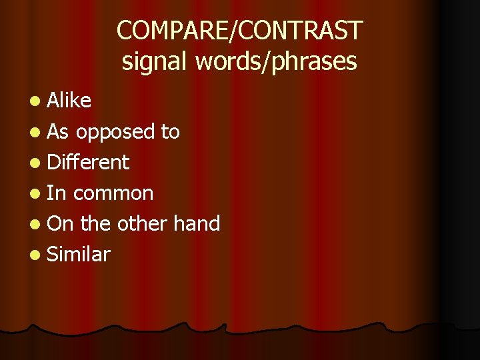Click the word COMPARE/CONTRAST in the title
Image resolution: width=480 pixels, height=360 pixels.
point(239,31)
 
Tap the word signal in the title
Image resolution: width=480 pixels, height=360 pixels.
point(155,61)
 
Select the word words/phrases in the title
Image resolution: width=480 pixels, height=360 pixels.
point(277,61)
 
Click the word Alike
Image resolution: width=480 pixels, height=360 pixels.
point(69,101)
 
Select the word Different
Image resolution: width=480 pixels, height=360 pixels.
point(89,162)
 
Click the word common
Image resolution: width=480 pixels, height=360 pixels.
point(113,193)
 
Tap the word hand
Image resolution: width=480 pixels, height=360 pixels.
point(197,223)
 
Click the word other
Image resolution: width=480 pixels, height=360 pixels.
point(143,223)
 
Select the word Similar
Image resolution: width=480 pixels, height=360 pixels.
point(79,254)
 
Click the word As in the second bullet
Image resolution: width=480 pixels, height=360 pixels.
point(58,131)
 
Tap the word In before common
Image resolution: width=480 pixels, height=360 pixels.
point(56,193)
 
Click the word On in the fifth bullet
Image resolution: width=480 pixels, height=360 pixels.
point(61,223)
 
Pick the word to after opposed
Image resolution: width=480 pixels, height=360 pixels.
point(170,132)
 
